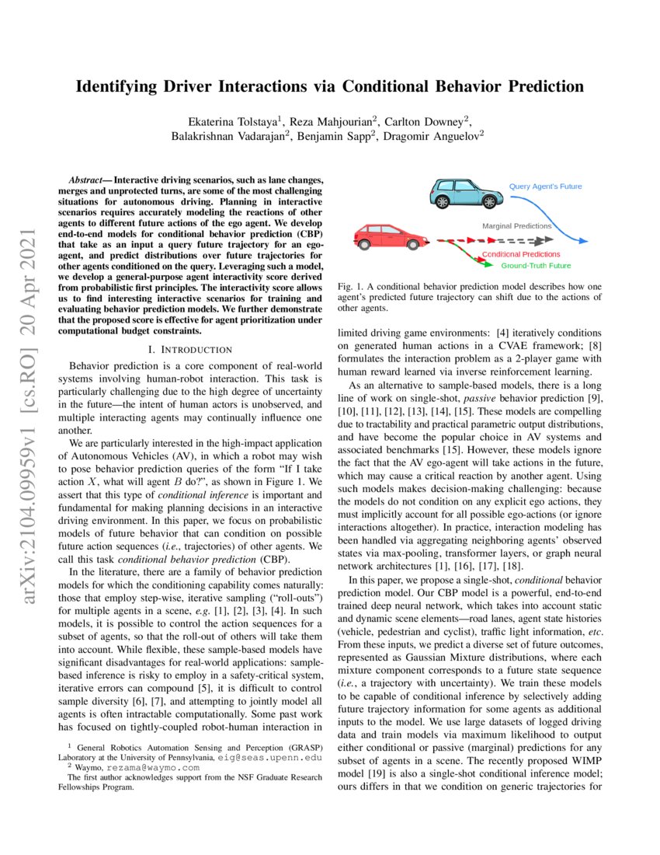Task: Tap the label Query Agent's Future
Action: [545, 187]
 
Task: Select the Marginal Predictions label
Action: [516, 225]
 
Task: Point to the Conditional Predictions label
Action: [521, 254]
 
